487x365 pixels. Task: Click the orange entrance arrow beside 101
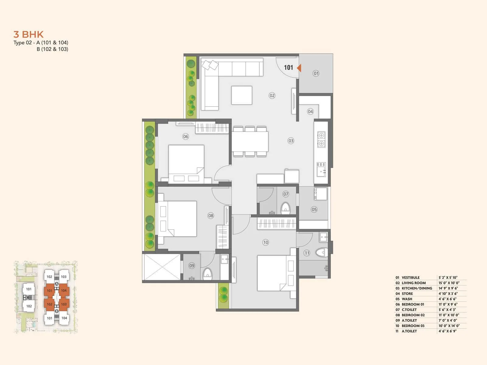pyautogui.click(x=299, y=68)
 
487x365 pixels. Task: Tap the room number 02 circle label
pyautogui.click(x=272, y=96)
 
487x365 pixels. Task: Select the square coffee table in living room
pyautogui.click(x=242, y=96)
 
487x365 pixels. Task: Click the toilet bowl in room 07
pyautogui.click(x=286, y=208)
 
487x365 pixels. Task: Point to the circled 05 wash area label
pyautogui.click(x=314, y=209)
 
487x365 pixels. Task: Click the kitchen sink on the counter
pyautogui.click(x=321, y=170)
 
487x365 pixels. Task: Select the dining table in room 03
pyautogui.click(x=250, y=141)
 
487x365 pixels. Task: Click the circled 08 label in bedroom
pyautogui.click(x=211, y=216)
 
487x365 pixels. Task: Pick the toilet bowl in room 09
pyautogui.click(x=207, y=273)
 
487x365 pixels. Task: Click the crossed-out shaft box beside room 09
pyautogui.click(x=162, y=267)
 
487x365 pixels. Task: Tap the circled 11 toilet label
pyautogui.click(x=307, y=253)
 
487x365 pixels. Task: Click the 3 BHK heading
pyautogui.click(x=29, y=34)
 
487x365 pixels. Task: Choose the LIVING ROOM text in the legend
pyautogui.click(x=414, y=283)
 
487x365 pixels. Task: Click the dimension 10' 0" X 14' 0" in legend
pyautogui.click(x=449, y=326)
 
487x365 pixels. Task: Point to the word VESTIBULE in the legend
pyautogui.click(x=411, y=277)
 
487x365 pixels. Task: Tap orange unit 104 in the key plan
pyautogui.click(x=64, y=290)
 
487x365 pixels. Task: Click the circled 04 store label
pyautogui.click(x=310, y=111)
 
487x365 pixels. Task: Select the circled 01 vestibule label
pyautogui.click(x=316, y=73)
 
